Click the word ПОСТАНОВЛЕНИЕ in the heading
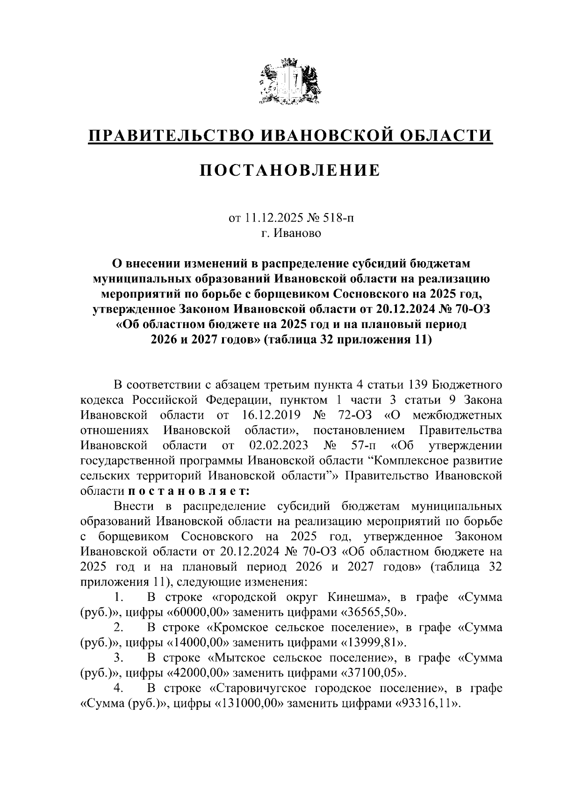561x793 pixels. coord(290,171)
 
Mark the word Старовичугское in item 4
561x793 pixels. coord(263,688)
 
